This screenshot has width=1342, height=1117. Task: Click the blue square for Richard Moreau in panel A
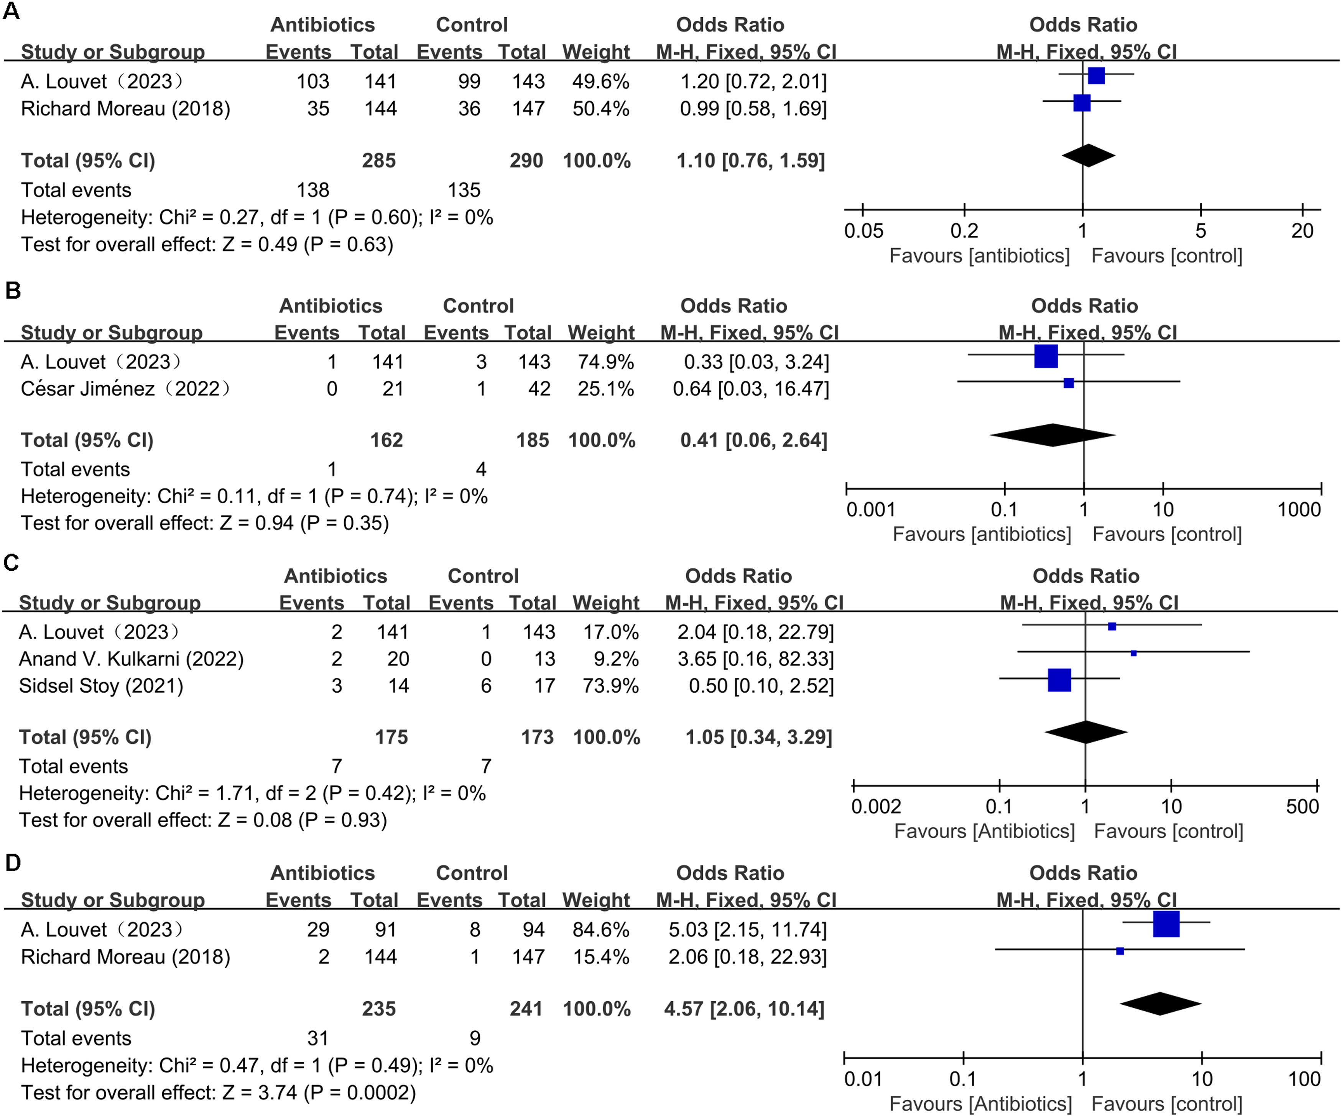tap(1082, 102)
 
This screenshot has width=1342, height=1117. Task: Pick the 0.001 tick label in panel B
tap(870, 509)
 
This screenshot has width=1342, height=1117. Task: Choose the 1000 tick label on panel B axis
tap(1299, 509)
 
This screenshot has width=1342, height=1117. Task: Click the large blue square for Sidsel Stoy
tap(1059, 680)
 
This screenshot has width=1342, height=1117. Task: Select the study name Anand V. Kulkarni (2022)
tap(131, 659)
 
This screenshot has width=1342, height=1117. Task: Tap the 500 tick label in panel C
tap(1302, 807)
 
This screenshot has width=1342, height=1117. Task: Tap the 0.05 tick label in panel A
tap(863, 231)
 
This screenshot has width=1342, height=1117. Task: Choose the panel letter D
tap(13, 863)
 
